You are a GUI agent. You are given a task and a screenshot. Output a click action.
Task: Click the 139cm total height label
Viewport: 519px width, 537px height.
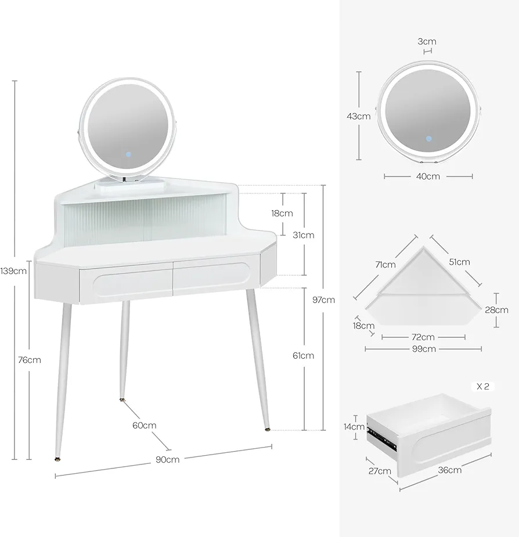click(x=13, y=271)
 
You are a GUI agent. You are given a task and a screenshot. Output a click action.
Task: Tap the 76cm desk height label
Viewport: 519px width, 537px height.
click(x=30, y=360)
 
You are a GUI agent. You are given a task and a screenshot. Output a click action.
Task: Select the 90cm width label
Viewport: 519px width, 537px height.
click(x=168, y=460)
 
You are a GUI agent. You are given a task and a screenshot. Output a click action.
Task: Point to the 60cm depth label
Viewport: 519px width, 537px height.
click(x=144, y=426)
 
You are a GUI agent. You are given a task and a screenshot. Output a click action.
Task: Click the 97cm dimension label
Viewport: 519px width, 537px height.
click(x=323, y=300)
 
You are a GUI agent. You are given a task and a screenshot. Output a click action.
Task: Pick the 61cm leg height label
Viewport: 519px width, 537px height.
click(x=303, y=356)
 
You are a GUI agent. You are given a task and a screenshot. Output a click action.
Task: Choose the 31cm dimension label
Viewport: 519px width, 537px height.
click(x=303, y=235)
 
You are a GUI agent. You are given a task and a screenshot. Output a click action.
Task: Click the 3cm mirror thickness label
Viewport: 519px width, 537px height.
click(x=427, y=41)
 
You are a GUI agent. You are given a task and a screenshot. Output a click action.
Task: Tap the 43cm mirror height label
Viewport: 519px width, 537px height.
click(x=358, y=117)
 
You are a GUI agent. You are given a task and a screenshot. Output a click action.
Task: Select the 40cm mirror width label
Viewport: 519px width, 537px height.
click(x=428, y=176)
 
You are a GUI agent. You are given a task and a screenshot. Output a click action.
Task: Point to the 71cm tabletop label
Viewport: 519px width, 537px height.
click(x=385, y=265)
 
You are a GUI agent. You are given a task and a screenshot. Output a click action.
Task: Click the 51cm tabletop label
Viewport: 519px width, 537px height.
click(x=459, y=262)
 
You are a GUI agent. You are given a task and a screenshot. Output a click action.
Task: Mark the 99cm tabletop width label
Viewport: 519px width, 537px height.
click(x=424, y=349)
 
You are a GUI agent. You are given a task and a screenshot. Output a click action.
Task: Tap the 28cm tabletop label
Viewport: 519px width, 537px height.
click(x=496, y=310)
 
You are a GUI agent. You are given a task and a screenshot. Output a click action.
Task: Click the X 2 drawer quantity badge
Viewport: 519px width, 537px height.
click(x=483, y=387)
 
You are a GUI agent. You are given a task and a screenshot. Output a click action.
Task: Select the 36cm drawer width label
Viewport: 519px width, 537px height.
click(x=450, y=470)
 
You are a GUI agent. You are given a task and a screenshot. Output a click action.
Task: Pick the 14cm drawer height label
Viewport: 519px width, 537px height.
click(x=354, y=427)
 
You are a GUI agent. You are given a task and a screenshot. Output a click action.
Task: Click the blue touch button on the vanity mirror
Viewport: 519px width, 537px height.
click(x=128, y=154)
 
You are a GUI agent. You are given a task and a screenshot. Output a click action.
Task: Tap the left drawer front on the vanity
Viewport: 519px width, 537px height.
click(x=126, y=283)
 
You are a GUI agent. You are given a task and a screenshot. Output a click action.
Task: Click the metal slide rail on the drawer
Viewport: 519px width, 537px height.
click(x=381, y=437)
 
